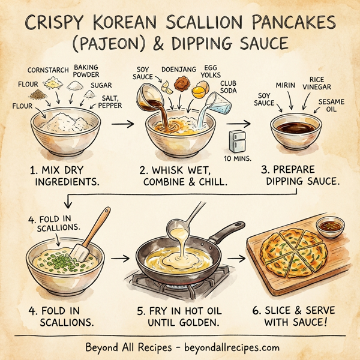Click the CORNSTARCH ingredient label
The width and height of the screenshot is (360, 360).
[x=49, y=69]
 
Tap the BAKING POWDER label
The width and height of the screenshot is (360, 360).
[x=87, y=71]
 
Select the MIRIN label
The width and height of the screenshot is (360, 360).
[x=285, y=86]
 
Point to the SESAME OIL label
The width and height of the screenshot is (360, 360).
[x=331, y=106]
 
